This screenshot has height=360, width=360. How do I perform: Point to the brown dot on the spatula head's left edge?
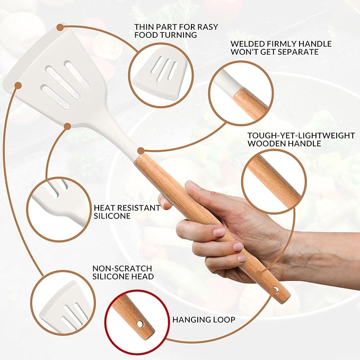click(x=18, y=85)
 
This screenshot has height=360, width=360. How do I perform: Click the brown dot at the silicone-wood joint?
click(x=141, y=151)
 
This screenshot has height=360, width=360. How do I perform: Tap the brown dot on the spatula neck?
click(x=67, y=126)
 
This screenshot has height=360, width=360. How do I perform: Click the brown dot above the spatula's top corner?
click(x=60, y=27)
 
